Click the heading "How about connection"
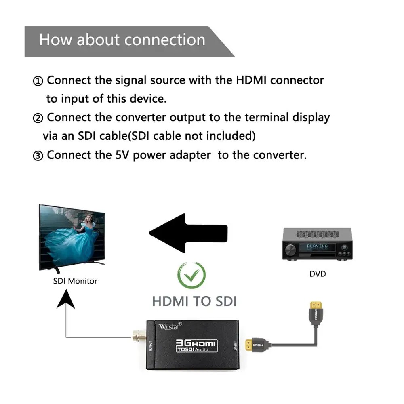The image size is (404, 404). [122, 40]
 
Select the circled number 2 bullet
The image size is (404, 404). [38, 118]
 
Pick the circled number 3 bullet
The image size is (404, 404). [38, 156]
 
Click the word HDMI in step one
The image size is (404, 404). [251, 80]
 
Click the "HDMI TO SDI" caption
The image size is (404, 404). [194, 301]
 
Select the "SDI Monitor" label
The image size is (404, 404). [75, 281]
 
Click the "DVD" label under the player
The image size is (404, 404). [318, 274]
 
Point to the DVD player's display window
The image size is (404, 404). [317, 246]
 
